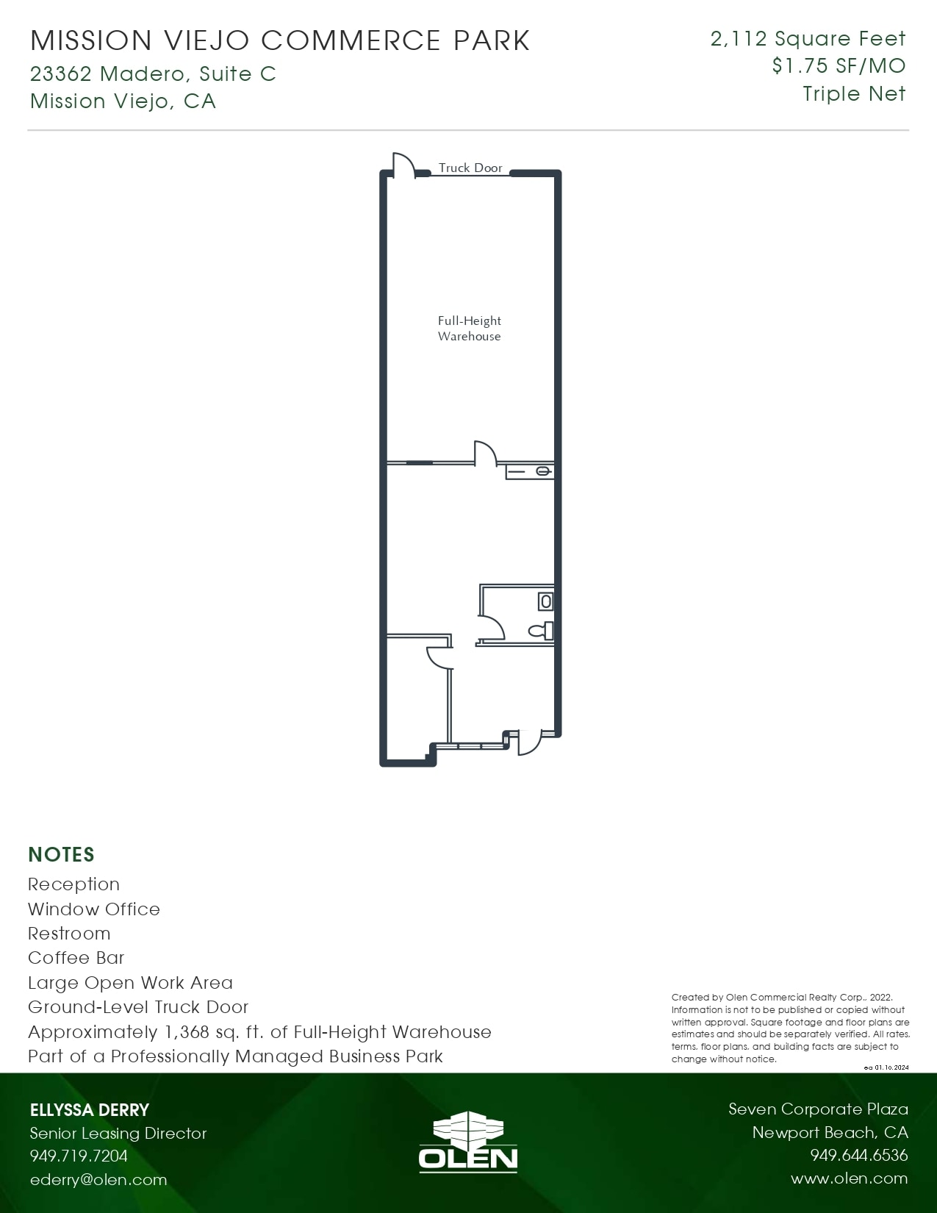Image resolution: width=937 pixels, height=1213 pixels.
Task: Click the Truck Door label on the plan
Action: (470, 168)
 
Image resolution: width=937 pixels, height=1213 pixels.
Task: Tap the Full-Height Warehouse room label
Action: (470, 329)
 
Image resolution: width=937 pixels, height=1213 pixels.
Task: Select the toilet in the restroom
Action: (541, 631)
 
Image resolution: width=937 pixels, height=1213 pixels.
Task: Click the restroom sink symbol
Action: (546, 601)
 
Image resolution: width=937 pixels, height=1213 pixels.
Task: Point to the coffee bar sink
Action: (542, 470)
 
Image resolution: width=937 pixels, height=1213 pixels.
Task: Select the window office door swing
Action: (439, 657)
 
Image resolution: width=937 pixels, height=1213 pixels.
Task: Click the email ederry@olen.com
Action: (98, 1180)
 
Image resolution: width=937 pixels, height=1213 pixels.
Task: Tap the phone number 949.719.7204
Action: (79, 1156)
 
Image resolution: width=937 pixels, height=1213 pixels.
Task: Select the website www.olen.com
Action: (849, 1178)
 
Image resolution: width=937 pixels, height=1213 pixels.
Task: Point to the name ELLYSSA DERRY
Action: (90, 1110)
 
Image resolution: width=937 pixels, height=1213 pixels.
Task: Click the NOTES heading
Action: (61, 854)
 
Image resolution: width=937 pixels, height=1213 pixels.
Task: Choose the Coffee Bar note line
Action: (76, 958)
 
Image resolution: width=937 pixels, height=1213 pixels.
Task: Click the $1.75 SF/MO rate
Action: (839, 66)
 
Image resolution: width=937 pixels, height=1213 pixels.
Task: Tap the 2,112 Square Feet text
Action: (808, 38)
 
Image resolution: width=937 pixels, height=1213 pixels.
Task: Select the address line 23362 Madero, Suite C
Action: (153, 74)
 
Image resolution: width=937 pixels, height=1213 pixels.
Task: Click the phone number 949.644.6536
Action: (858, 1156)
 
